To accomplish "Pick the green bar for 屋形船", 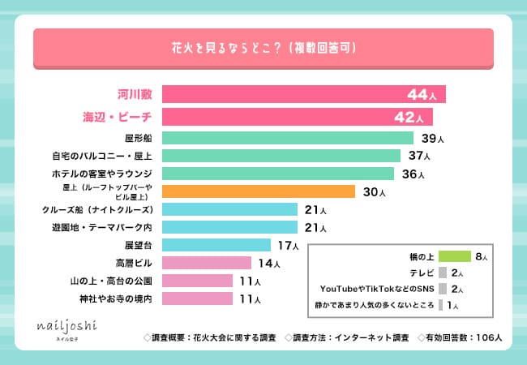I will coord(288,138).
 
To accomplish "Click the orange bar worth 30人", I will coord(259,191).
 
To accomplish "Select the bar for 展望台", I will coord(216,245).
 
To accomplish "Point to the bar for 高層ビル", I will coord(207,263).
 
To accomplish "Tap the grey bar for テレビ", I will coord(443,273).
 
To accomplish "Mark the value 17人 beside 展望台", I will coord(287,245).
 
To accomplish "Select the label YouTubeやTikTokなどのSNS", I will coord(377,289).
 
